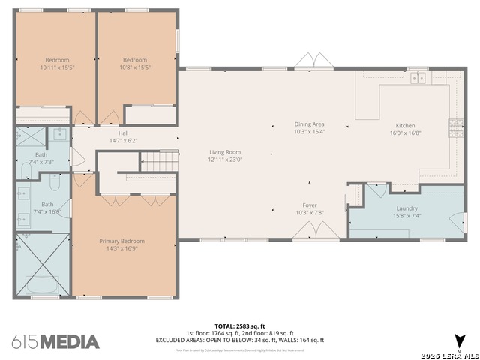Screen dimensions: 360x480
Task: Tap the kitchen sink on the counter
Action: pyautogui.click(x=418, y=77)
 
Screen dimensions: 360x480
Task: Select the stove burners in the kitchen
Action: pyautogui.click(x=455, y=129)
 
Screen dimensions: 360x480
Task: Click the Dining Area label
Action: pyautogui.click(x=309, y=124)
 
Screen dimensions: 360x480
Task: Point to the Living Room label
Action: pyautogui.click(x=225, y=152)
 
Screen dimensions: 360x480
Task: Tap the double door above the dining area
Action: pyautogui.click(x=310, y=61)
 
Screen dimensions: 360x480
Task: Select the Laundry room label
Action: pyautogui.click(x=406, y=208)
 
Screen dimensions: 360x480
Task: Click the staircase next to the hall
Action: pyautogui.click(x=160, y=160)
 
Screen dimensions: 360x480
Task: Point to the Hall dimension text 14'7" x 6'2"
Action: pyautogui.click(x=124, y=140)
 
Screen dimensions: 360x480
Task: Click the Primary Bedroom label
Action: pyautogui.click(x=121, y=241)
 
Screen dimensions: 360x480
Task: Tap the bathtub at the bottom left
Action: pyautogui.click(x=41, y=285)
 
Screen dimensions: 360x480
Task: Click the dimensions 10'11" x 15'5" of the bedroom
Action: pyautogui.click(x=57, y=67)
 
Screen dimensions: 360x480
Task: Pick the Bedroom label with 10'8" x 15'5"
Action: pyautogui.click(x=135, y=60)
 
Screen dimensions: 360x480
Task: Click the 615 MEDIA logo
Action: pyautogui.click(x=55, y=341)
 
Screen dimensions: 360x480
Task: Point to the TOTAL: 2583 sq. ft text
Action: pyautogui.click(x=240, y=326)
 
